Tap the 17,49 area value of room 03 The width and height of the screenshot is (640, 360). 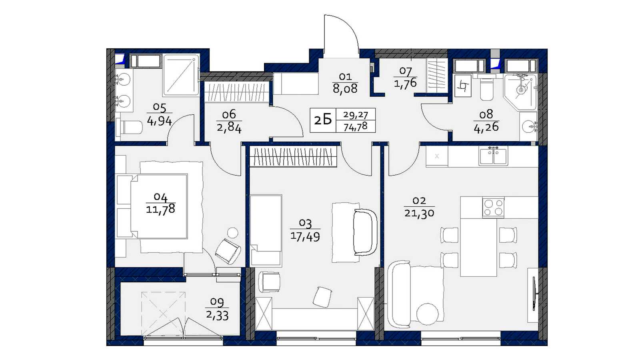coord(305,236)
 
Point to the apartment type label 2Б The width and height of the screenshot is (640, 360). coord(323,120)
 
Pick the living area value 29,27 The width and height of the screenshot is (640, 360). coord(356,115)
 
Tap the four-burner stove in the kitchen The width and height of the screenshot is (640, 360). coord(493,208)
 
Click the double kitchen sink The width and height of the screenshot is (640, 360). coord(493,156)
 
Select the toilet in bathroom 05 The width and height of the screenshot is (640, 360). coord(129,127)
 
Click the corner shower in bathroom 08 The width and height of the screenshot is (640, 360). coord(520,92)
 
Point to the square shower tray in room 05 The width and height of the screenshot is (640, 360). coord(181,75)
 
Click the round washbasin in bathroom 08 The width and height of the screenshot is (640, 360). coord(528,126)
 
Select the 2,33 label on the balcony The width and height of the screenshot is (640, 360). coord(217,316)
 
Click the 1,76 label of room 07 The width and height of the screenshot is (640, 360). coord(405,84)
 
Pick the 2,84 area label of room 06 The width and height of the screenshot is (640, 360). coord(229,128)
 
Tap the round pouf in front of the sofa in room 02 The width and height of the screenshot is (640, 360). coord(428,314)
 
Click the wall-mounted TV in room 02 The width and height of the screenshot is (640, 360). coord(534,294)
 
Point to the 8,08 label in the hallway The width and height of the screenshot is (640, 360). coord(345,89)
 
